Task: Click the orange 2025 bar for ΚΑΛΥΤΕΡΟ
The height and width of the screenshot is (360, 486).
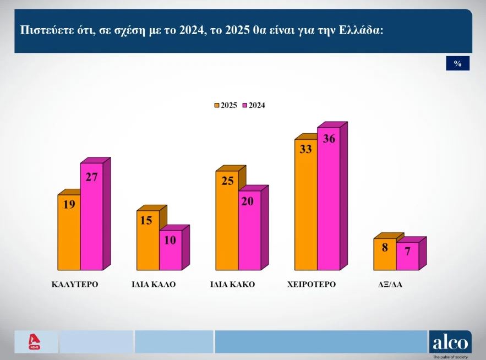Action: point(69,231)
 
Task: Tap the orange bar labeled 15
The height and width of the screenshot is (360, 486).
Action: point(148,239)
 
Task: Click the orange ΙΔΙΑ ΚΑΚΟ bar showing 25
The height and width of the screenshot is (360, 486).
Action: point(227,220)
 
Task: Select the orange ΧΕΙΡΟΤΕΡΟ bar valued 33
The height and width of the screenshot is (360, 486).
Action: point(306,204)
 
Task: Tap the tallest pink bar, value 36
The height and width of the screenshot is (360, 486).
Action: point(329,198)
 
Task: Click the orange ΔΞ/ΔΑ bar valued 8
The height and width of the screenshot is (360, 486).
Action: point(385,254)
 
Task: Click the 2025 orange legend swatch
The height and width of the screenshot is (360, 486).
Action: point(217,105)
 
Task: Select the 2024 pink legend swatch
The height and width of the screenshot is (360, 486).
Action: point(245,105)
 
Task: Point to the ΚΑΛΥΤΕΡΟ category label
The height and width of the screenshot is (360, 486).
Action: point(71,285)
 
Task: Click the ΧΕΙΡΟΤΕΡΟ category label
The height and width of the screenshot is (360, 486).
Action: point(312,285)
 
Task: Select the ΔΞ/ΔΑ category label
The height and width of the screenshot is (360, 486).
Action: point(389,285)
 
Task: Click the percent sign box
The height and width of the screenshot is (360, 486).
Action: point(457,64)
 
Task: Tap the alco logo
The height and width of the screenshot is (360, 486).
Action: point(450,342)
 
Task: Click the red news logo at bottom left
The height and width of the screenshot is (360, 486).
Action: point(35,342)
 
